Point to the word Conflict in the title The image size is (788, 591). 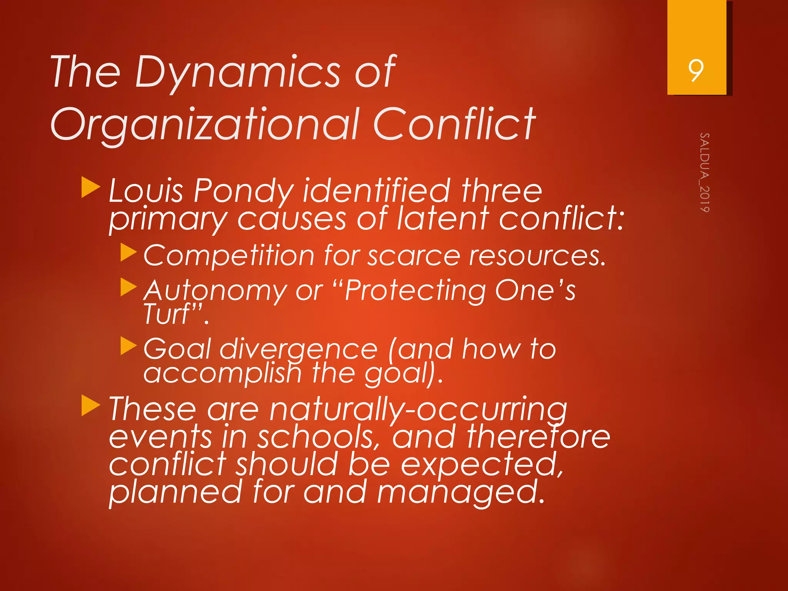[x=454, y=124]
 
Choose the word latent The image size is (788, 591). [x=443, y=219]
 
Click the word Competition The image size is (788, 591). [x=229, y=256]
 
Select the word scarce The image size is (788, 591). [x=414, y=256]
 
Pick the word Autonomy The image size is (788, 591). [x=215, y=291]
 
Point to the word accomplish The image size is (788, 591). [x=222, y=373]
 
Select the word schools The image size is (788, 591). [x=316, y=437]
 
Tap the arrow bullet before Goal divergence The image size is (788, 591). [x=129, y=346]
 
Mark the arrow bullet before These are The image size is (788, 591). [x=91, y=406]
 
